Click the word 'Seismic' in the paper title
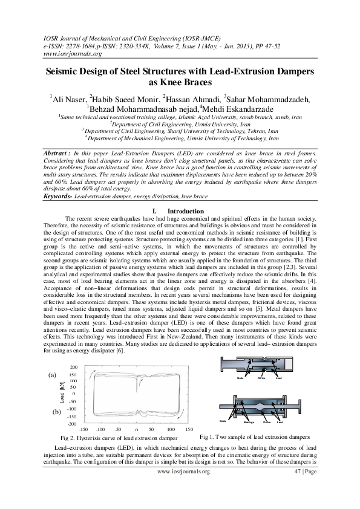pyautogui.click(x=68, y=71)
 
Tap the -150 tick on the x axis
pyautogui.click(x=84, y=429)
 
